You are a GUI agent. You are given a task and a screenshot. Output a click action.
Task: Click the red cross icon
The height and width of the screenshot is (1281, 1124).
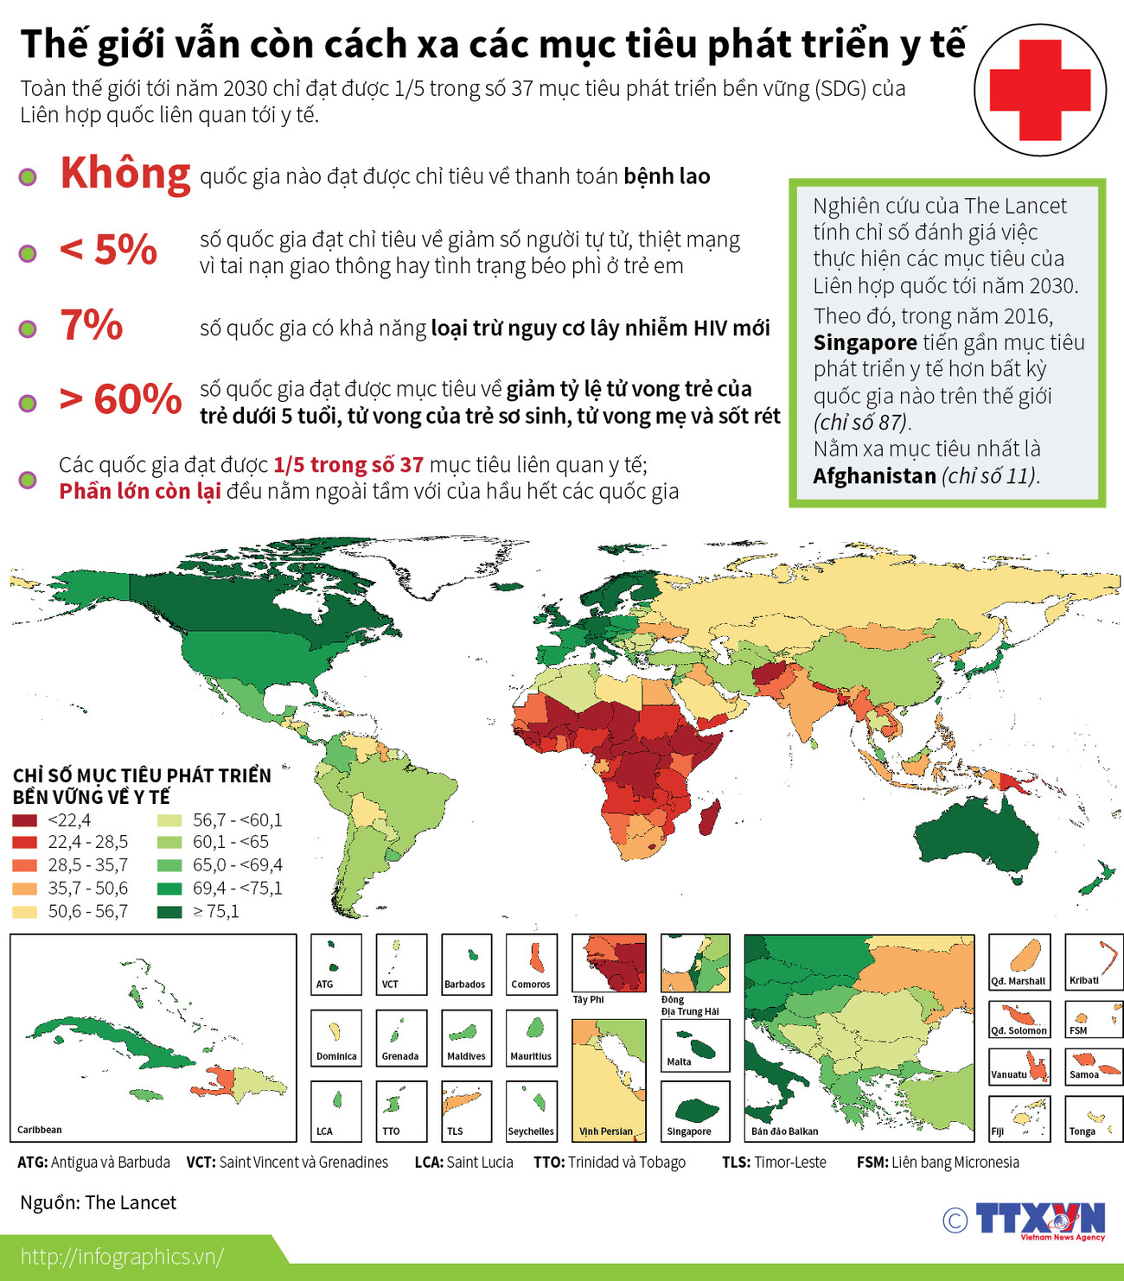tap(1040, 90)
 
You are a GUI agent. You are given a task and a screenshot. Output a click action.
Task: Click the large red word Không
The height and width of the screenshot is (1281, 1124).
tap(125, 174)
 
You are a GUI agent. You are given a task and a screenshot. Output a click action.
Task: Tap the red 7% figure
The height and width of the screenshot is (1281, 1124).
tap(91, 325)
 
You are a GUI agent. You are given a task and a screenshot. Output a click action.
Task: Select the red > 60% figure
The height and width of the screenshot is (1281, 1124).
tap(120, 399)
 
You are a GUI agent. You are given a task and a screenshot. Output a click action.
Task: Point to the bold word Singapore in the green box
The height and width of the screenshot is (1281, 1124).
tap(865, 343)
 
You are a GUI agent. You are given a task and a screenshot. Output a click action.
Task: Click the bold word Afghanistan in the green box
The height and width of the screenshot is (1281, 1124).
tap(874, 476)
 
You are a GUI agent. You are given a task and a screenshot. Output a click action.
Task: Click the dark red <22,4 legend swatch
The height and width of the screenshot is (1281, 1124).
tap(24, 820)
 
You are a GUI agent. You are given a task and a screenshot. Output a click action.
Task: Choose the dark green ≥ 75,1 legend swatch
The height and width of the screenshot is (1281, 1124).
tap(169, 911)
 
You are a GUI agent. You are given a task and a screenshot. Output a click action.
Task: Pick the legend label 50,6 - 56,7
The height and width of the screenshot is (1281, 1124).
tap(87, 911)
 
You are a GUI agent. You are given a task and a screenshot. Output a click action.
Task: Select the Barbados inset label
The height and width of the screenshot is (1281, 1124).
tap(465, 985)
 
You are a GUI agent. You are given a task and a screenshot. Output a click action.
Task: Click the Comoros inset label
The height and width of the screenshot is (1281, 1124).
tap(531, 985)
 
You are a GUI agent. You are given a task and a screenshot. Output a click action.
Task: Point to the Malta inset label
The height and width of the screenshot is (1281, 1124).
tap(679, 1061)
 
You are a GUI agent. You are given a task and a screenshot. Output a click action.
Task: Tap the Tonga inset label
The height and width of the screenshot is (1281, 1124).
tap(1082, 1131)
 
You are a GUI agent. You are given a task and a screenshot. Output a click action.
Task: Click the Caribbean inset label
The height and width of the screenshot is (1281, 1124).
tap(40, 1130)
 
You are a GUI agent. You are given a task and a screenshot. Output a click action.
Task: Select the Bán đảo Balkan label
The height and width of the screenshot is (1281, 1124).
tap(784, 1131)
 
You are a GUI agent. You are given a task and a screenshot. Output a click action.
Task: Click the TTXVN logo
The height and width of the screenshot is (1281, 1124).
tap(1040, 1220)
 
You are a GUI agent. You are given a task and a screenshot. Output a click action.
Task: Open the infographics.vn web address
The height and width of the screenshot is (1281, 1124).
tap(122, 1257)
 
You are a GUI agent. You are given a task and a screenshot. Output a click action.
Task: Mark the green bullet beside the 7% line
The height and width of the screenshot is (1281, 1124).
tap(28, 328)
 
